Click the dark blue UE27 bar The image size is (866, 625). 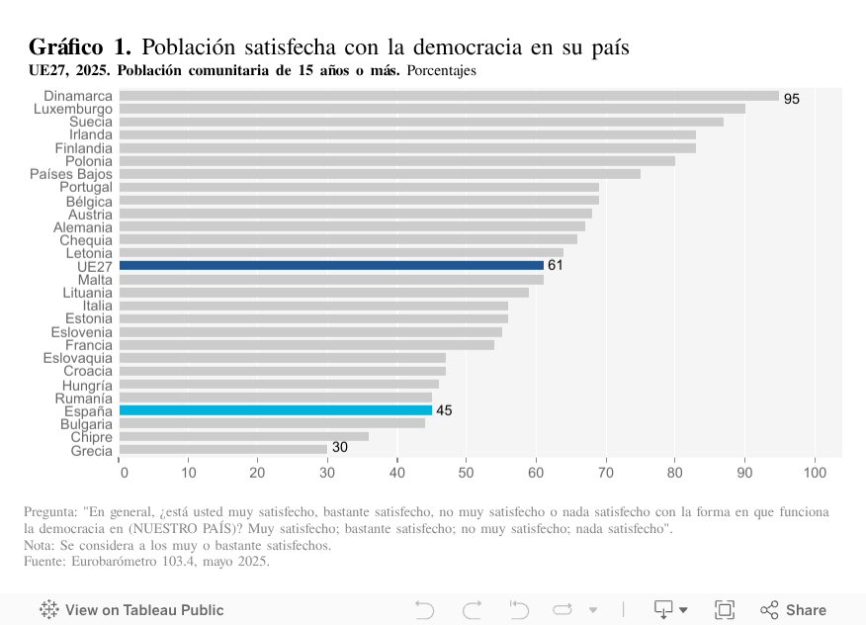coord(331,265)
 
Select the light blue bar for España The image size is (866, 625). coord(276,410)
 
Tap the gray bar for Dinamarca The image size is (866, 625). coord(449,96)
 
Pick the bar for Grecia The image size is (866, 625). coord(222,450)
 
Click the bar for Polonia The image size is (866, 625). coord(396,160)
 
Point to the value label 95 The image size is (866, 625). coord(792,99)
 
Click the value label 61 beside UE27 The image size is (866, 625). coord(556,265)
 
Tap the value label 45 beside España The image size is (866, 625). coord(444,410)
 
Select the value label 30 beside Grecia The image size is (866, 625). coord(339,447)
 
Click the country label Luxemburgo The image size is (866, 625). coord(73,109)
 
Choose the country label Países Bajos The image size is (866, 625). coord(71,174)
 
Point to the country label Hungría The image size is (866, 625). coord(87,385)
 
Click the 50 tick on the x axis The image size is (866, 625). coord(467,473)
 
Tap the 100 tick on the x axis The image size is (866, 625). coord(815,473)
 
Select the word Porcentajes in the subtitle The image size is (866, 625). coord(441,71)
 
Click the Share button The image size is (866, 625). coord(794,610)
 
